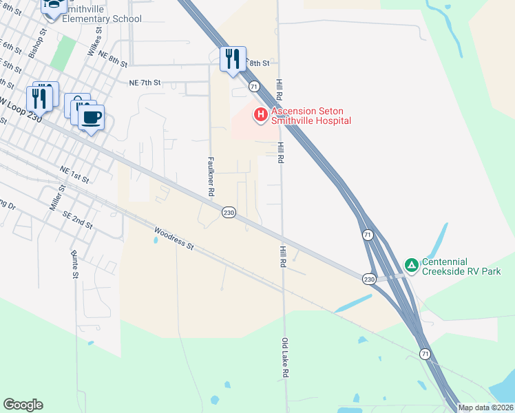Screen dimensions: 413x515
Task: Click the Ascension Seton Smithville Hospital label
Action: [x=311, y=116]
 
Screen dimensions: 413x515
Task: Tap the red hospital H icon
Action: [x=261, y=115]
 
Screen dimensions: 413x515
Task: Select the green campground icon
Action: [x=411, y=264]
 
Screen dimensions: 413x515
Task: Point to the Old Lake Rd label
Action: [x=284, y=357]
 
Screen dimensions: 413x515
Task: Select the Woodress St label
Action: [x=175, y=238]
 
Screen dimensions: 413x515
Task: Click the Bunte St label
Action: [x=74, y=265]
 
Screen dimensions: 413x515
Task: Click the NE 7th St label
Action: [x=145, y=82]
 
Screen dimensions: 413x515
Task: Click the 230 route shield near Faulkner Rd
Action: [x=229, y=213]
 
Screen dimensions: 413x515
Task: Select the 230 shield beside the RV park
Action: [x=370, y=278]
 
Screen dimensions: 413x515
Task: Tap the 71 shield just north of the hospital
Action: [x=254, y=86]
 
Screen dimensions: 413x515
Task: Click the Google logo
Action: [x=23, y=404]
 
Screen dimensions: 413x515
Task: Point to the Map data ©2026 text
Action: [x=485, y=407]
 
